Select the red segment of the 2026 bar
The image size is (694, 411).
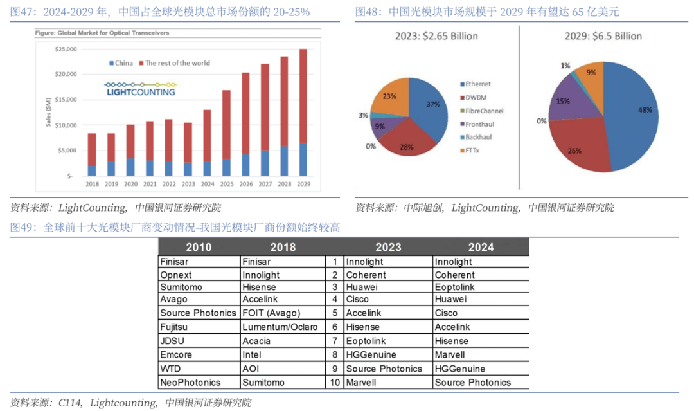tap(245, 113)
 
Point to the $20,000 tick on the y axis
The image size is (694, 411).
tap(66, 75)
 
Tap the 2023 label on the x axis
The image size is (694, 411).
tap(188, 184)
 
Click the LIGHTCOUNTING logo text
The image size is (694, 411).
tap(141, 92)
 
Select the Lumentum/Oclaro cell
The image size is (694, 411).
tap(280, 327)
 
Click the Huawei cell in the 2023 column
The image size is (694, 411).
tap(361, 288)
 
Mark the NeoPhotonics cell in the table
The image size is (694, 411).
tap(190, 382)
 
